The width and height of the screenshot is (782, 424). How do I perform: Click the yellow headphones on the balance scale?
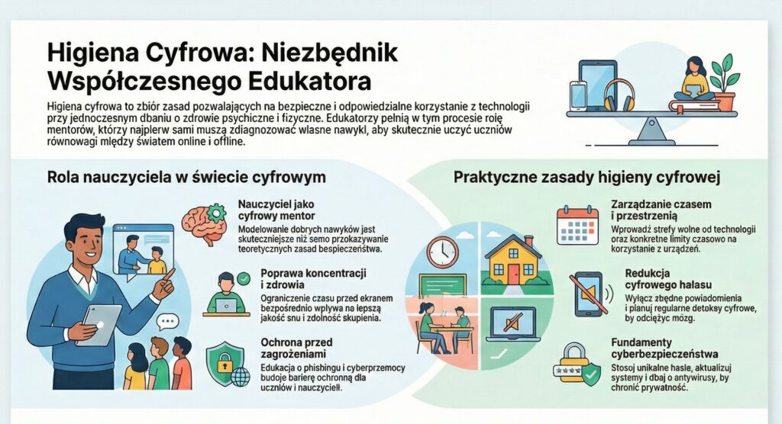click(619, 96)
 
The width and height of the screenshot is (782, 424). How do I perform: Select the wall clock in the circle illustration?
click(441, 252)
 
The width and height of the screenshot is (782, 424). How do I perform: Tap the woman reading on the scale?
click(695, 79)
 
